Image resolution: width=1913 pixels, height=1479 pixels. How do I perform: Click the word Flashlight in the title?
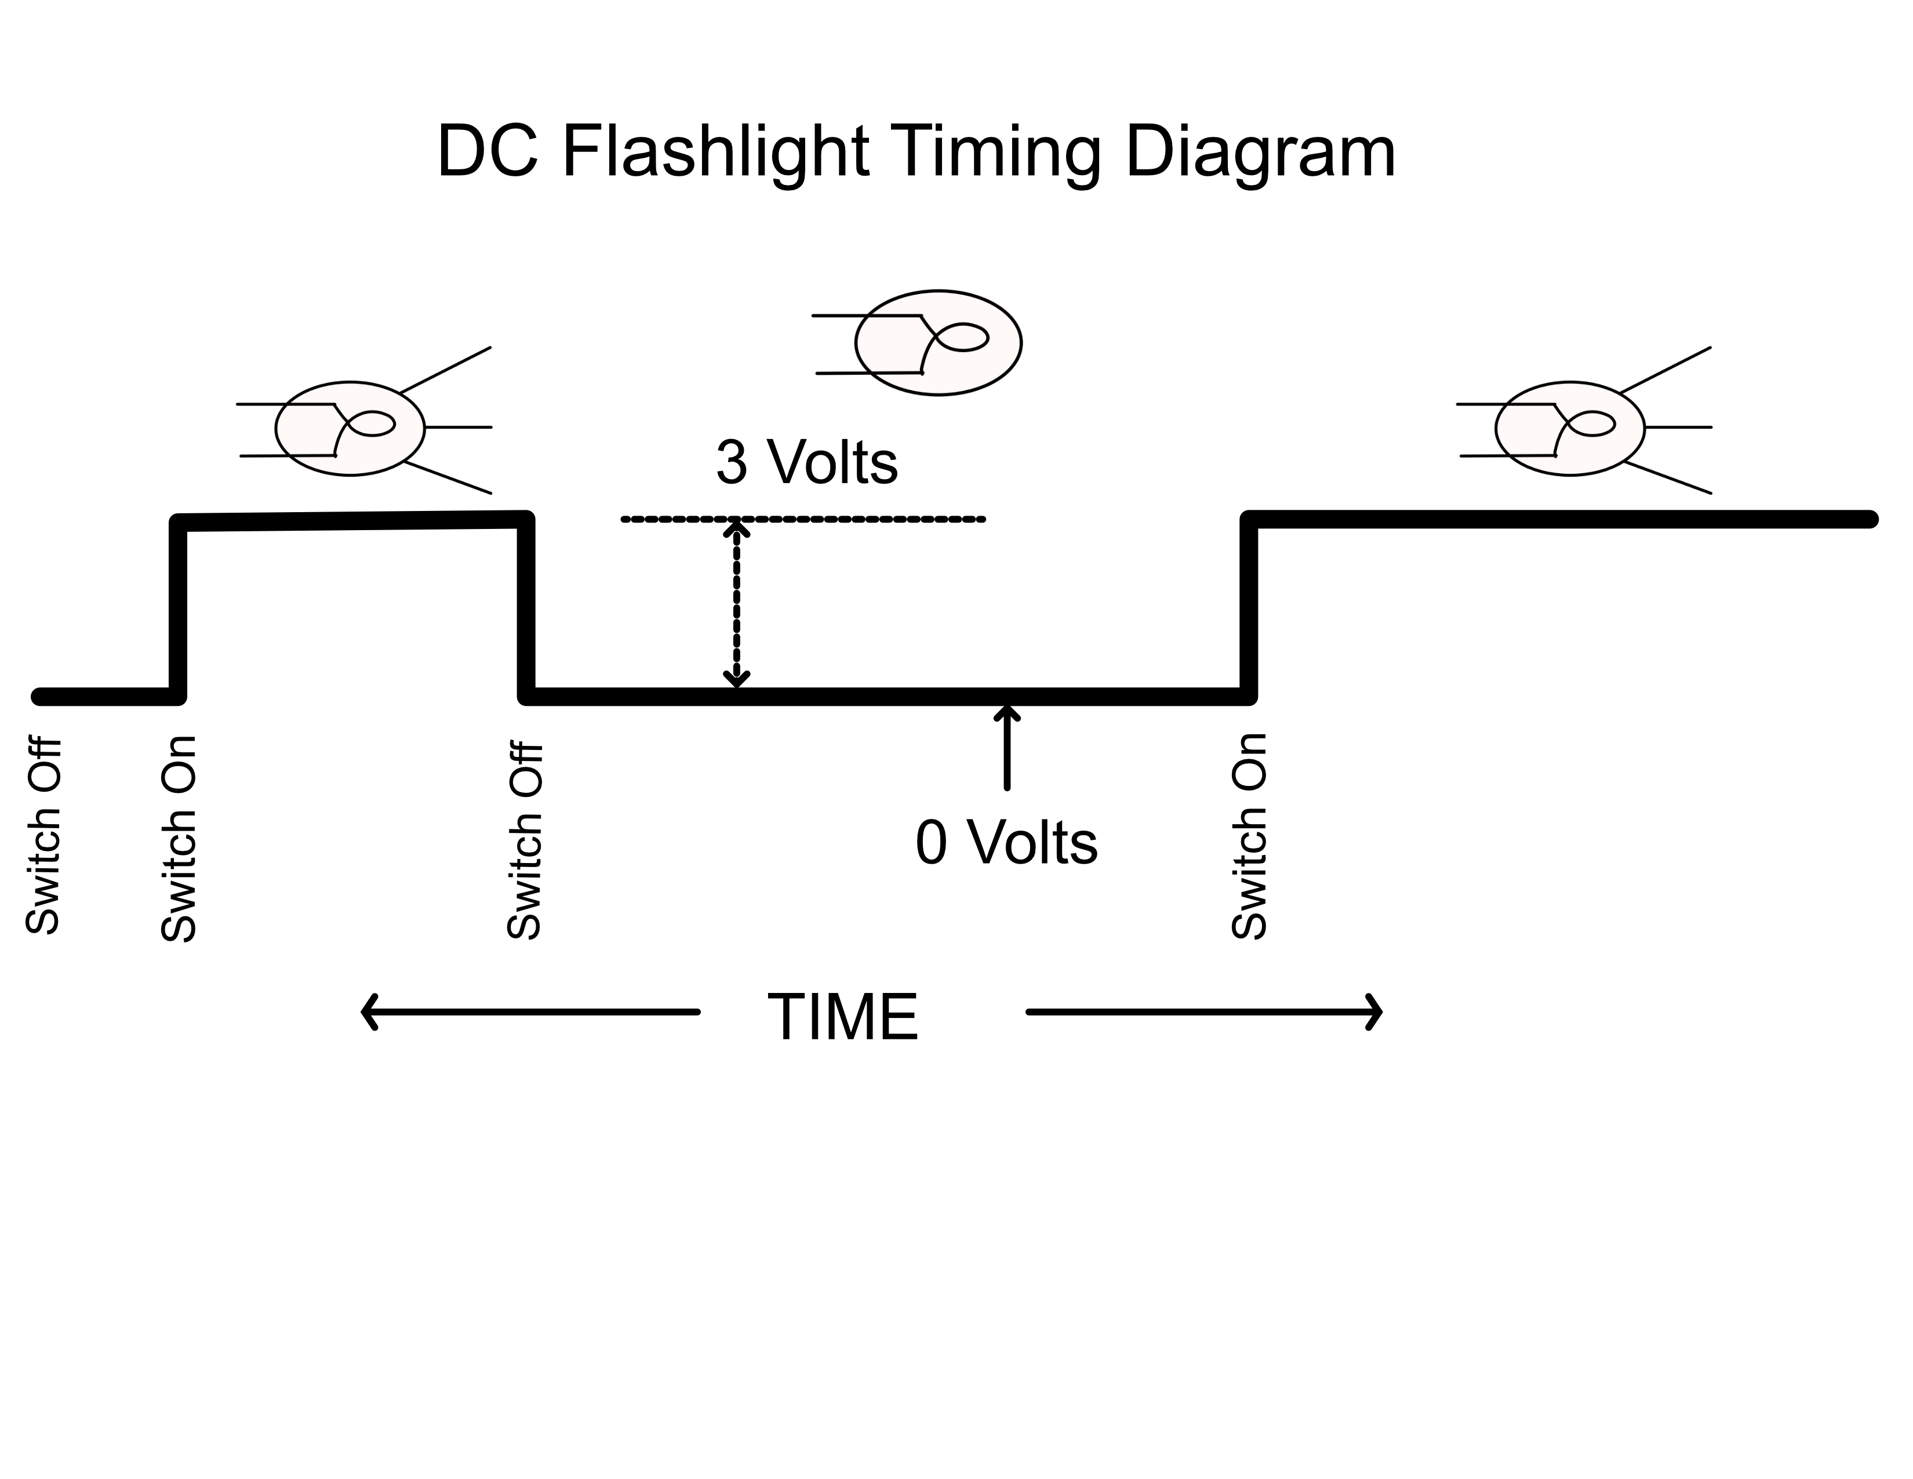tap(714, 153)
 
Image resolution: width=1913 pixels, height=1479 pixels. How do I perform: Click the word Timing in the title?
tap(999, 153)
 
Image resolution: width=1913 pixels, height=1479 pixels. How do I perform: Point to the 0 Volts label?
tap(1006, 843)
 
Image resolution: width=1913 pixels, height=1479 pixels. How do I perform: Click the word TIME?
tap(843, 1017)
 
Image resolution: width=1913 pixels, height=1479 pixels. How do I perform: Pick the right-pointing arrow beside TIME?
tap(1205, 1012)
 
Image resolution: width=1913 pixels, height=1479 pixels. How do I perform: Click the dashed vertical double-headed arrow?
tap(736, 604)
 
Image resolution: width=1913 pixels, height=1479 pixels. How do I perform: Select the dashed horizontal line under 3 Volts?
tap(859, 520)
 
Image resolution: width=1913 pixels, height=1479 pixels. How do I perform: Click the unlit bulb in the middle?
tap(937, 343)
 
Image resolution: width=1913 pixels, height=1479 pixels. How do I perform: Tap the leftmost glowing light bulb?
tap(350, 429)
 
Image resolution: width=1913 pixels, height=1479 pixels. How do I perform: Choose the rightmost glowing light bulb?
tap(1570, 429)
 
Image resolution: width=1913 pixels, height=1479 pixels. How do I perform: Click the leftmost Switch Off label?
tap(43, 837)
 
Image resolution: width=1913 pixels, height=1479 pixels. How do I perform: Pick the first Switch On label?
tap(179, 839)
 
